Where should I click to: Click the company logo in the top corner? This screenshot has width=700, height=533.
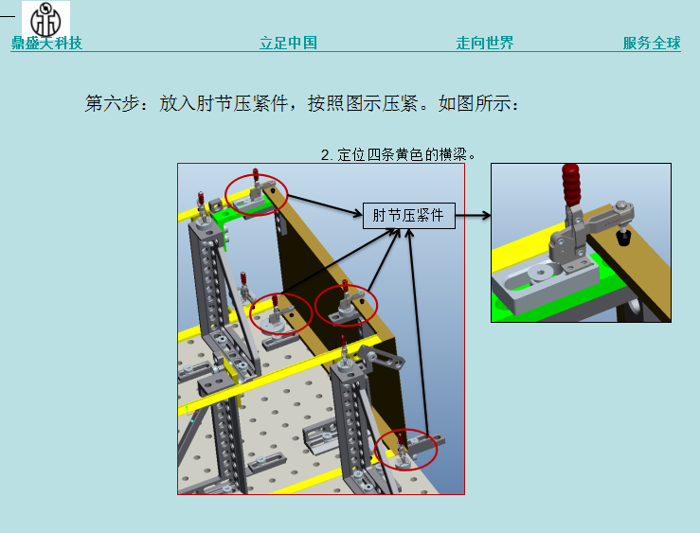click(45, 20)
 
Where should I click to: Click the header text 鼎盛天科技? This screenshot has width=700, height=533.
click(46, 43)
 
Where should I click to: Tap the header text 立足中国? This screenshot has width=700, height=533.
click(288, 43)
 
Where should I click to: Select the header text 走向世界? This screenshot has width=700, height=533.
click(485, 43)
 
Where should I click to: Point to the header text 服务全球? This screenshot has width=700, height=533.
click(652, 43)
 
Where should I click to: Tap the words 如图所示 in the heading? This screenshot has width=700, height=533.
click(475, 103)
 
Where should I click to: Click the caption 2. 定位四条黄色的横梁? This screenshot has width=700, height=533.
click(398, 154)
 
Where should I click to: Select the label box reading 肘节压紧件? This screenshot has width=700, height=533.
click(409, 216)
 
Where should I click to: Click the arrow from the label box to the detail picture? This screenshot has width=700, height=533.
click(474, 216)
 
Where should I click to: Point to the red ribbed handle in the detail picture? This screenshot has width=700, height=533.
click(571, 186)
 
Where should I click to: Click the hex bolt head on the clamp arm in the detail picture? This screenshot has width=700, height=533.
click(621, 206)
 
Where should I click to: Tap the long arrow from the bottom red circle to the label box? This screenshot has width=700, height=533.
click(419, 332)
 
